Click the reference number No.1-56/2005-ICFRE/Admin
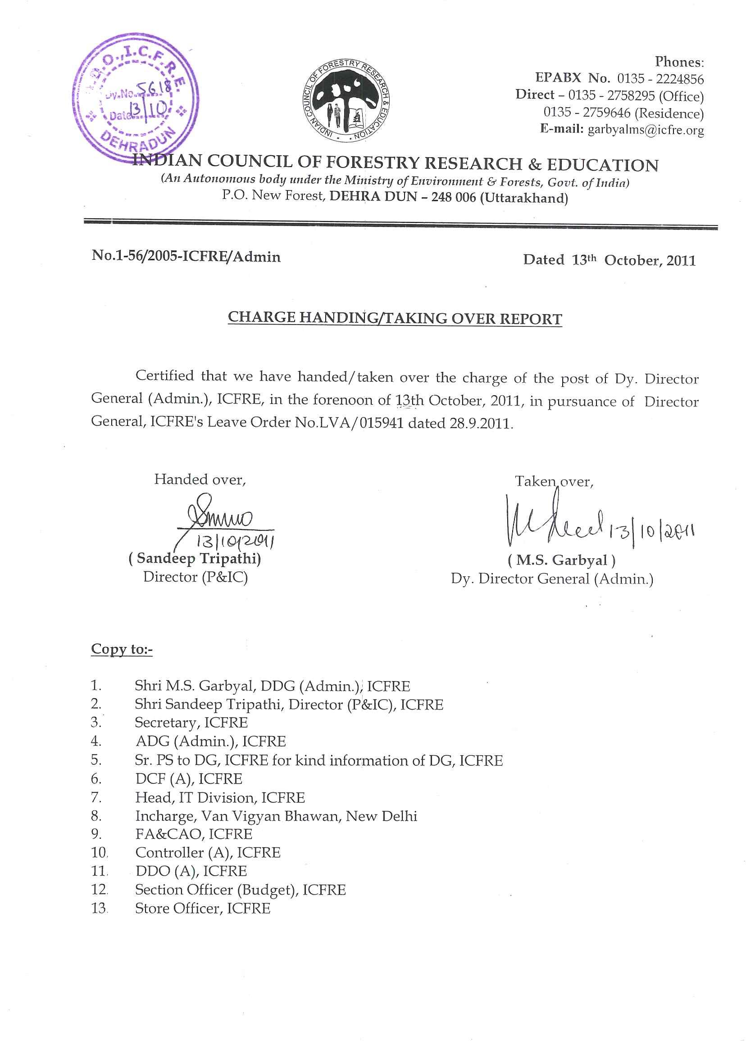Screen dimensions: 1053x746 coord(186,257)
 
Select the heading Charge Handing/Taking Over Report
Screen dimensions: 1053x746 coord(395,319)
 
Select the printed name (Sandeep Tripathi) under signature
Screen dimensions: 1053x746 coord(195,559)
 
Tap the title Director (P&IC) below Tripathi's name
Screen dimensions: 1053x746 coord(196,577)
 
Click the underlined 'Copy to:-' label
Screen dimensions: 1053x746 coord(122,650)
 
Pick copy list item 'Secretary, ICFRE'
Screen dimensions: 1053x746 coord(191,723)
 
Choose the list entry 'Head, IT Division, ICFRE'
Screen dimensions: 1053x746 coord(219,798)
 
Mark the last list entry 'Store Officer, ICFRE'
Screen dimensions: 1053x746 coord(203,909)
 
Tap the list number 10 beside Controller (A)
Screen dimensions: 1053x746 coord(99,853)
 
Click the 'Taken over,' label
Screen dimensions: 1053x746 coord(554,481)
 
